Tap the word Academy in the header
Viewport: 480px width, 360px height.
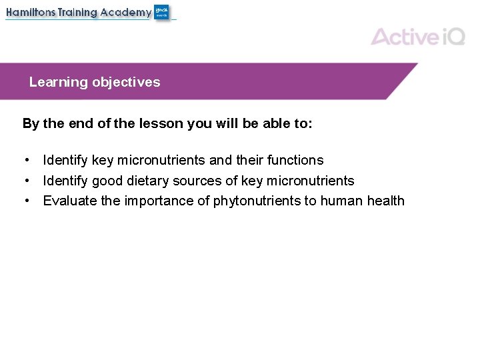point(125,13)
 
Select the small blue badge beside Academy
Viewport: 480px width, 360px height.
point(161,12)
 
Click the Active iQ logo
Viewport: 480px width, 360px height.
point(417,36)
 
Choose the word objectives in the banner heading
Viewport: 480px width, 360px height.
point(126,82)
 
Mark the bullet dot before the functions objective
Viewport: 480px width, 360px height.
point(26,160)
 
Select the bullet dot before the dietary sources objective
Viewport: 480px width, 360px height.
point(26,181)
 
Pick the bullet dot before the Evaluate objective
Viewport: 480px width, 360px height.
point(26,201)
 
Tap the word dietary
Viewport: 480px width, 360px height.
point(149,181)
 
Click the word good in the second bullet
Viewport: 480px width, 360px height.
point(107,181)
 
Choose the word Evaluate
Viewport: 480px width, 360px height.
point(70,201)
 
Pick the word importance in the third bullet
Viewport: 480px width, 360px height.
point(160,201)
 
